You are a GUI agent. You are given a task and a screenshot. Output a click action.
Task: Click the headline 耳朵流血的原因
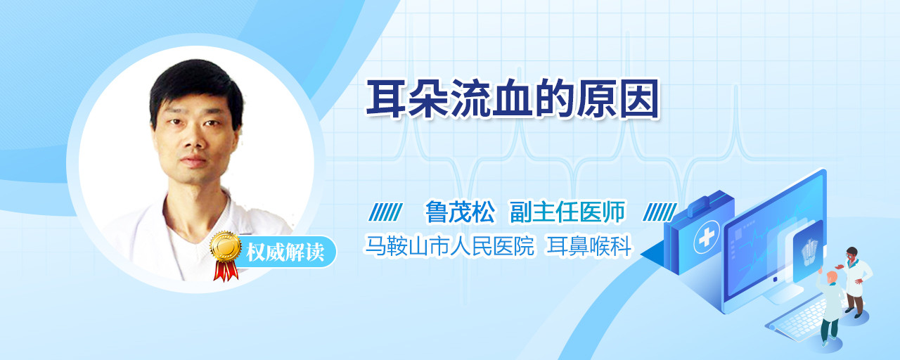[x=513, y=99]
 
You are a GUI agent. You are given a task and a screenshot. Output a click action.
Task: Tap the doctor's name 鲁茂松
[x=460, y=212]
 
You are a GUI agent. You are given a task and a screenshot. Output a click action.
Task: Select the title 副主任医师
[x=567, y=212]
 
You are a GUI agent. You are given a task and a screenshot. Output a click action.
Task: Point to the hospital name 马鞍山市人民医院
[x=449, y=245]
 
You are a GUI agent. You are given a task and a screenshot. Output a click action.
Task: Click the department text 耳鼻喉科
[x=589, y=245]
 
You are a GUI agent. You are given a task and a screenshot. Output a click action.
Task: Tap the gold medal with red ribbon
[x=226, y=255]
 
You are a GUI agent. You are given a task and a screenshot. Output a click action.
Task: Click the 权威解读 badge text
[x=285, y=252]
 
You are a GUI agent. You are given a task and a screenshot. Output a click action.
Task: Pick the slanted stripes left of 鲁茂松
[x=385, y=212]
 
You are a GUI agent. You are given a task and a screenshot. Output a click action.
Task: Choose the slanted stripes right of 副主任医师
[x=660, y=212]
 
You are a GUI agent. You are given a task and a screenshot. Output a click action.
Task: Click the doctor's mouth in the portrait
[x=194, y=161]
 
